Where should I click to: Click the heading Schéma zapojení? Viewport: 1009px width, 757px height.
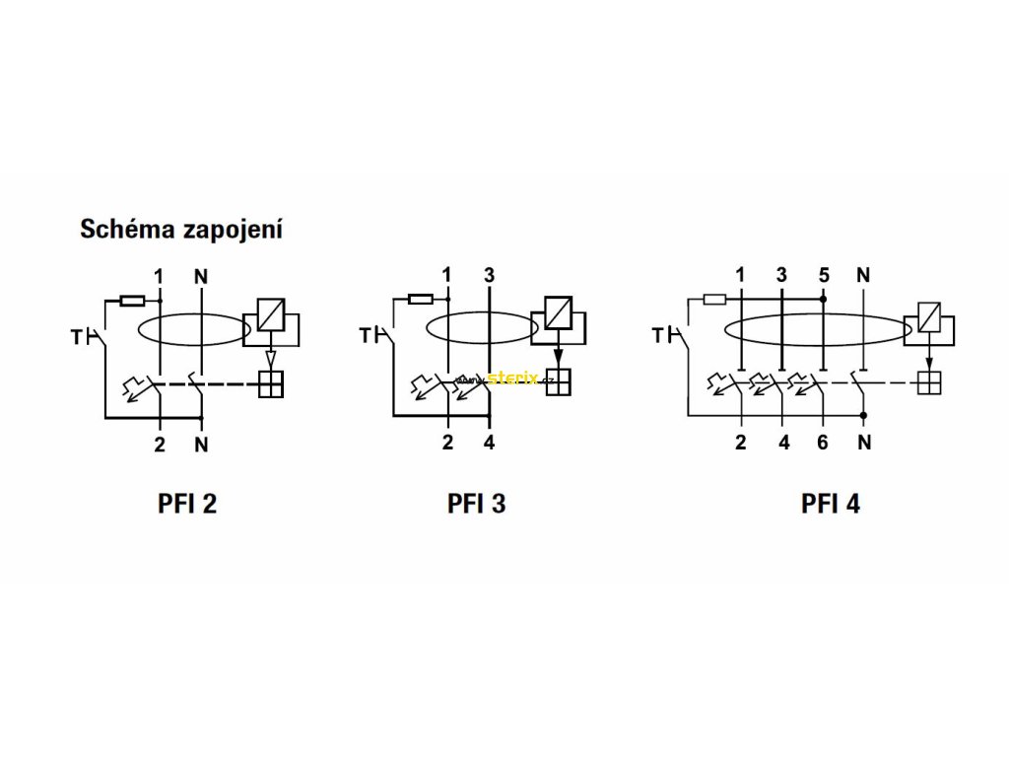pyautogui.click(x=181, y=231)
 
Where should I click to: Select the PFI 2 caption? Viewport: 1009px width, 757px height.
pyautogui.click(x=187, y=504)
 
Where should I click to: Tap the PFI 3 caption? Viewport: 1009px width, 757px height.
pyautogui.click(x=477, y=504)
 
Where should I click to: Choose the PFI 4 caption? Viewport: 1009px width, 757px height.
pyautogui.click(x=831, y=504)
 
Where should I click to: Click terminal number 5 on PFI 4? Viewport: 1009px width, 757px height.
pyautogui.click(x=823, y=274)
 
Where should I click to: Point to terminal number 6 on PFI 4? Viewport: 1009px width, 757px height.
pyautogui.click(x=823, y=443)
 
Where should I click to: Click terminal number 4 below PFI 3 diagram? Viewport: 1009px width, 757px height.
pyautogui.click(x=489, y=443)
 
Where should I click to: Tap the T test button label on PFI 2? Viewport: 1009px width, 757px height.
pyautogui.click(x=77, y=337)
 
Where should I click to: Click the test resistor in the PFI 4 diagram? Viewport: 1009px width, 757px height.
pyautogui.click(x=715, y=298)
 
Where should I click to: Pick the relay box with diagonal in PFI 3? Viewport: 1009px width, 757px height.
pyautogui.click(x=558, y=311)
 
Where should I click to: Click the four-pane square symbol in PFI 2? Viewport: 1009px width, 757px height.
pyautogui.click(x=270, y=384)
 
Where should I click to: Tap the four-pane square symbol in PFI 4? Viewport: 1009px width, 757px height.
pyautogui.click(x=928, y=383)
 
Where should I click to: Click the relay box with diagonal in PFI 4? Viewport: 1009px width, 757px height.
pyautogui.click(x=928, y=315)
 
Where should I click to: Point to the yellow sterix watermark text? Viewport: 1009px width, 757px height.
pyautogui.click(x=512, y=377)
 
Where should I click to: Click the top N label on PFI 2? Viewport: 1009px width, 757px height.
pyautogui.click(x=201, y=275)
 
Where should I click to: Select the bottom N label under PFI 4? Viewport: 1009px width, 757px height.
pyautogui.click(x=864, y=443)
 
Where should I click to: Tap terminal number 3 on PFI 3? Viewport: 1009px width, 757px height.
pyautogui.click(x=489, y=274)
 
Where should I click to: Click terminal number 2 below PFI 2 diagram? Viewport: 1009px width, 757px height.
pyautogui.click(x=160, y=444)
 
